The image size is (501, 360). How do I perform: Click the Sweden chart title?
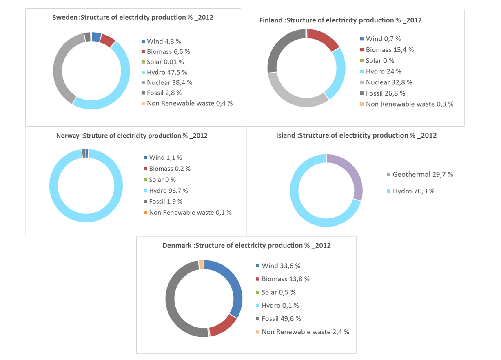tap(133, 18)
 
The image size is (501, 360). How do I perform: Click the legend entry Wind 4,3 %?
tap(162, 41)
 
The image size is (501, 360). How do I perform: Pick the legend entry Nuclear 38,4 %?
tap(166, 82)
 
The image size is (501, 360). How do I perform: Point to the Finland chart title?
tap(341, 20)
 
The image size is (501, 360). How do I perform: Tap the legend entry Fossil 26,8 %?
tap(383, 93)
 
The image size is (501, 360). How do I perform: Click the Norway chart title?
tap(132, 136)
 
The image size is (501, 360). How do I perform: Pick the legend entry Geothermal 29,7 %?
tap(420, 175)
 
